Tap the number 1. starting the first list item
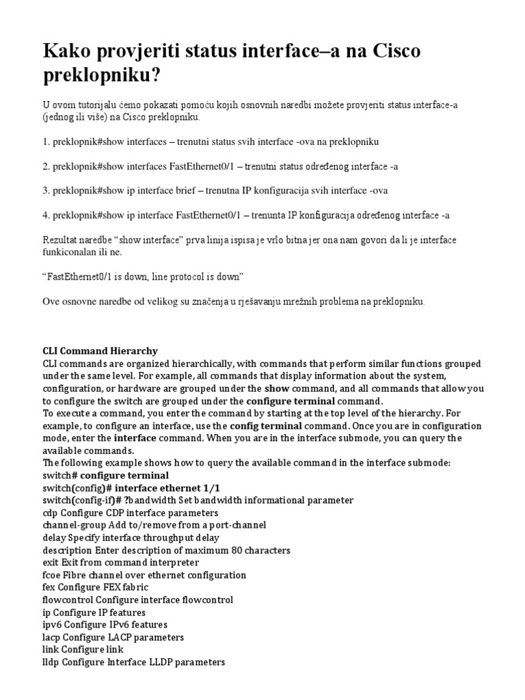[46, 142]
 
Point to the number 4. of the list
[46, 215]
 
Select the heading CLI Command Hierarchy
[100, 351]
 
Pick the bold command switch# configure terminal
[105, 475]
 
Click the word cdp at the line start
[51, 513]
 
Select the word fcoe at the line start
[53, 575]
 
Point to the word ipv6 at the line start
[53, 625]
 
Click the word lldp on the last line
[52, 662]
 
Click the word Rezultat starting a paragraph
[63, 241]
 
